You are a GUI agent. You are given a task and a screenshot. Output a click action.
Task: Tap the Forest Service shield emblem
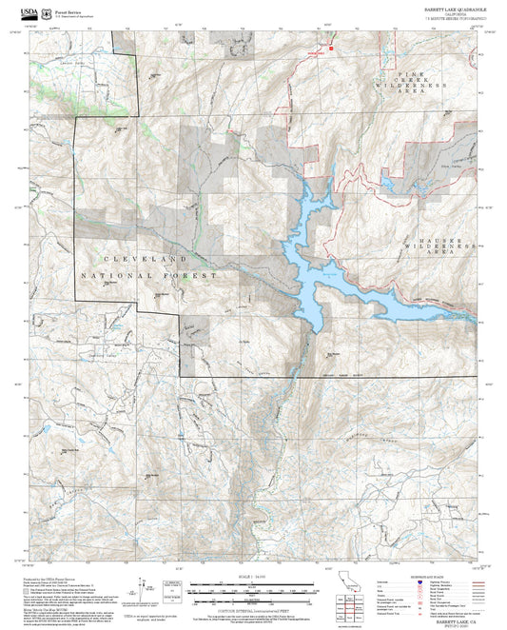pyautogui.click(x=41, y=11)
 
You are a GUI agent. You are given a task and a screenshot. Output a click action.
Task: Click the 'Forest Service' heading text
pyautogui.click(x=67, y=10)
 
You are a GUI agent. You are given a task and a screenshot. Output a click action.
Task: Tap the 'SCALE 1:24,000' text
pyautogui.click(x=252, y=578)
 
